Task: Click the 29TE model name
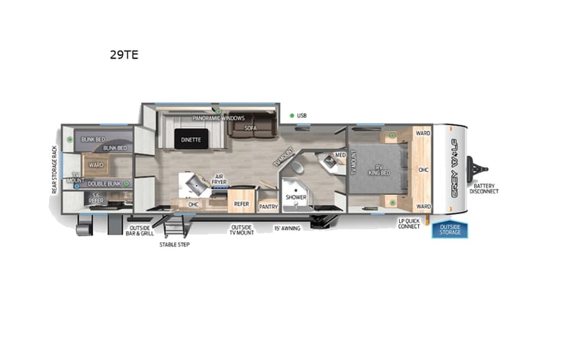point(124,55)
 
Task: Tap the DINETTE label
point(190,140)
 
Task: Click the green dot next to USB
point(292,116)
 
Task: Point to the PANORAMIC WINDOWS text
point(219,118)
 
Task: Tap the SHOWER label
point(296,197)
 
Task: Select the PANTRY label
point(269,206)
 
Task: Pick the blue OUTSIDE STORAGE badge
point(450,230)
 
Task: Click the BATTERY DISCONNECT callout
point(485,188)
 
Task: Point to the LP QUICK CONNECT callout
point(409,223)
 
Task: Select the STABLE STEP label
point(173,245)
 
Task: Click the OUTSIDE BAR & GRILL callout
point(140,230)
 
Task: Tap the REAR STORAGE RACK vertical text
point(55,170)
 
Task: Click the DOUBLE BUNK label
point(104,184)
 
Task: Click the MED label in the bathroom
point(338,155)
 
